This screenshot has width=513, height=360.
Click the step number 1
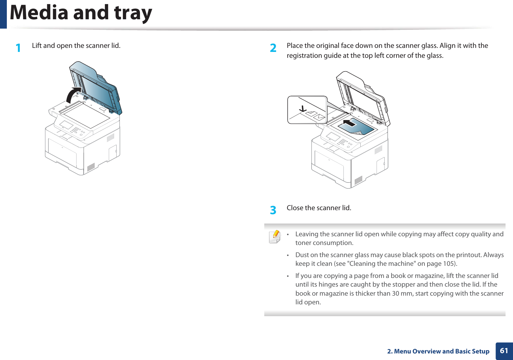click(19, 48)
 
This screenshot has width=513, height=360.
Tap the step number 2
click(273, 48)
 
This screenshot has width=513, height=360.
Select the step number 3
click(273, 210)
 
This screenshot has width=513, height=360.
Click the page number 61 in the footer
click(504, 351)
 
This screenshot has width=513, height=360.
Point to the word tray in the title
click(133, 13)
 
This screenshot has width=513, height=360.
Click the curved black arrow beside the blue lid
click(73, 95)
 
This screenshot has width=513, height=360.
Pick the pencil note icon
click(275, 237)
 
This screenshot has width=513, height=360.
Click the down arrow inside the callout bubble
click(303, 109)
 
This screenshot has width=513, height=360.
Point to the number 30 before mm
click(395, 293)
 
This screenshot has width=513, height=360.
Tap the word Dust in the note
click(302, 255)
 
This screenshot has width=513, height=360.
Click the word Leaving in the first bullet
click(307, 234)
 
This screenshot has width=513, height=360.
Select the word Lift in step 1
click(37, 45)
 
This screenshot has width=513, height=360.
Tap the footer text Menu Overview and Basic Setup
click(441, 351)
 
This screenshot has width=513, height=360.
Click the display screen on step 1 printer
click(66, 125)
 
